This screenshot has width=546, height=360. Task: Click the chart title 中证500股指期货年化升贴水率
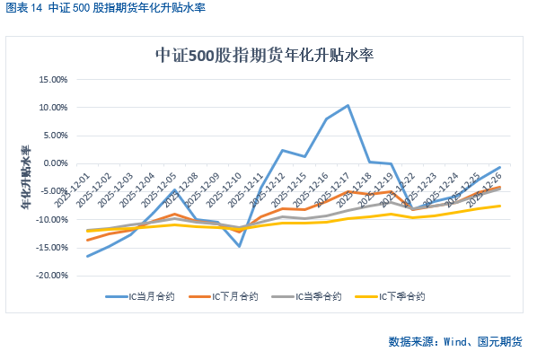(x=264, y=56)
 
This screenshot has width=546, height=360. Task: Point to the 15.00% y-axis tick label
(x=53, y=80)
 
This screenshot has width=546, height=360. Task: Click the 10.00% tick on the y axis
(x=53, y=108)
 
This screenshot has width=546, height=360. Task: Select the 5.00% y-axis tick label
(x=55, y=136)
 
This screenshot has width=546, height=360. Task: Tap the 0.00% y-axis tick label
(x=55, y=163)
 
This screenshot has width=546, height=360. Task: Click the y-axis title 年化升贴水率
(x=24, y=177)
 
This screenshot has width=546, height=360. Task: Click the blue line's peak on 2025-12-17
(x=348, y=105)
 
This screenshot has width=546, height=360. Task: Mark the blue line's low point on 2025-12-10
(x=239, y=245)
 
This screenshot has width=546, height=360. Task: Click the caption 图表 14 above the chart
(x=24, y=9)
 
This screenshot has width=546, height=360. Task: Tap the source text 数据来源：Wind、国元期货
(x=455, y=342)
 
